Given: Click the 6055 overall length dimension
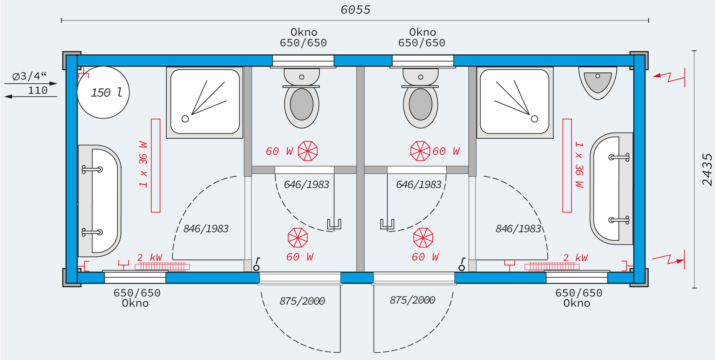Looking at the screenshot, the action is (x=355, y=10).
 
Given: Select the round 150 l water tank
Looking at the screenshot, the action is (x=103, y=92).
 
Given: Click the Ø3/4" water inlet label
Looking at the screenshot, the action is (x=29, y=76).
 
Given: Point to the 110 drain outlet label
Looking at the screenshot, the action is (x=37, y=90).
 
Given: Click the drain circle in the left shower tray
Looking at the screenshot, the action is (x=185, y=119).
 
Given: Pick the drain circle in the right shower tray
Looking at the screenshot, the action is (x=534, y=119).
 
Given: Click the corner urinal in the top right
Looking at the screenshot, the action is (x=598, y=83).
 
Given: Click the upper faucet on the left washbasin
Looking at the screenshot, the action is (x=92, y=169).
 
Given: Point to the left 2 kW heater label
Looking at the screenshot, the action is (x=150, y=257).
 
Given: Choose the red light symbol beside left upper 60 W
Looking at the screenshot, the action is (x=308, y=151).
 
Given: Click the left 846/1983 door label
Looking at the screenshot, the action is (x=206, y=229).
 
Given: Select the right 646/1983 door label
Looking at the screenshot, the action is (x=419, y=185).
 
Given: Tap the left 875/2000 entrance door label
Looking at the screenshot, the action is (x=302, y=301).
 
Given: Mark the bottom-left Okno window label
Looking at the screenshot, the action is (x=135, y=303).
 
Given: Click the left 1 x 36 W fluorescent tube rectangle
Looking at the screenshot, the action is (x=156, y=166).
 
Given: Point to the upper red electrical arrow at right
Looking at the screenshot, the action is (x=669, y=77).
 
